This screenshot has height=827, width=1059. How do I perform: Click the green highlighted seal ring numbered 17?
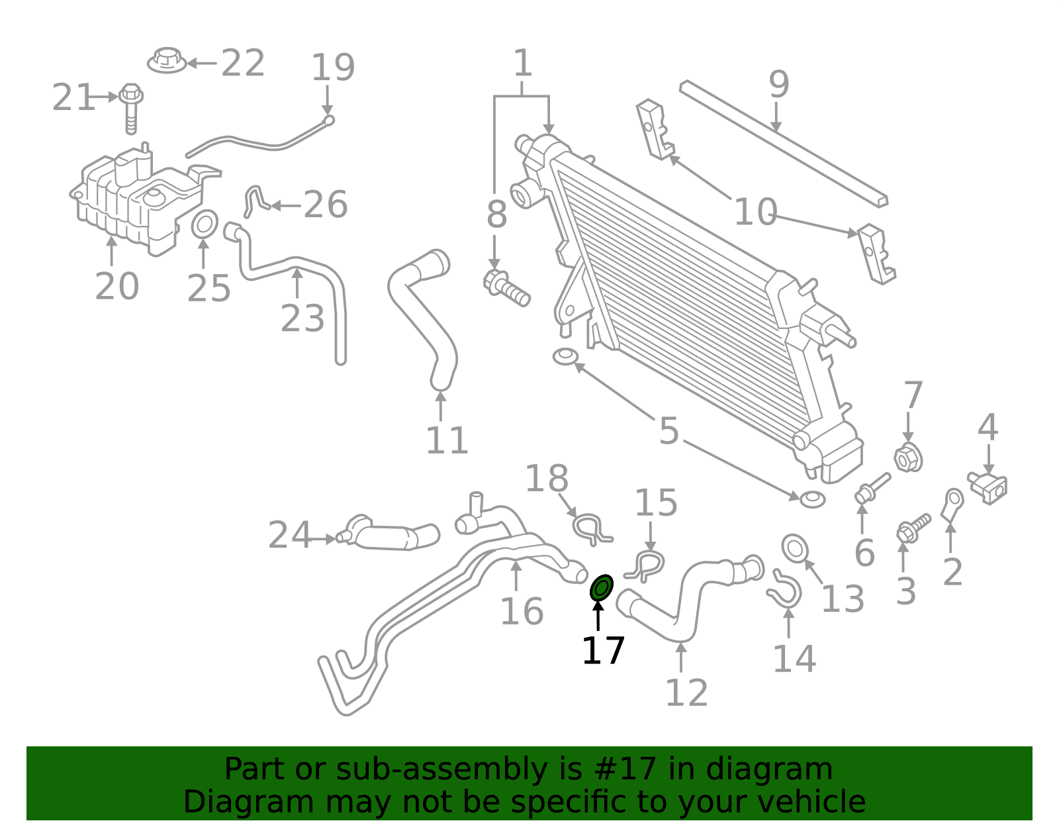pyautogui.click(x=602, y=587)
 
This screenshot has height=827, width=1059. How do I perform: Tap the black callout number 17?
pyautogui.click(x=603, y=651)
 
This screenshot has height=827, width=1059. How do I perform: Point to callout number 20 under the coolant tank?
pyautogui.click(x=117, y=287)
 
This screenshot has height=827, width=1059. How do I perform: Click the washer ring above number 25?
pyautogui.click(x=205, y=224)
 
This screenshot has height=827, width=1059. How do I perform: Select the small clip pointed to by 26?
pyautogui.click(x=254, y=201)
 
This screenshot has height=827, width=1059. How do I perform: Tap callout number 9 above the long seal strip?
pyautogui.click(x=779, y=85)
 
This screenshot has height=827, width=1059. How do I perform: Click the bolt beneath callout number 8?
pyautogui.click(x=506, y=289)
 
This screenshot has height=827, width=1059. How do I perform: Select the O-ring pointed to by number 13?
pyautogui.click(x=795, y=548)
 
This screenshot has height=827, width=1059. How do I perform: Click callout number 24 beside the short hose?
pyautogui.click(x=289, y=535)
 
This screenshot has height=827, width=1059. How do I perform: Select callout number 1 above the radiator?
pyautogui.click(x=523, y=64)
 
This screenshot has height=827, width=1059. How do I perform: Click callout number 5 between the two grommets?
pyautogui.click(x=669, y=431)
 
